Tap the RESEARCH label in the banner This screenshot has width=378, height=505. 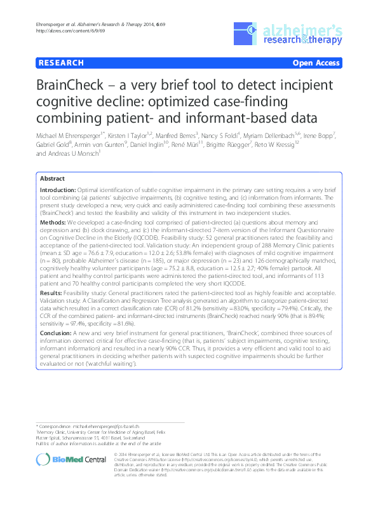coord(61,63)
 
